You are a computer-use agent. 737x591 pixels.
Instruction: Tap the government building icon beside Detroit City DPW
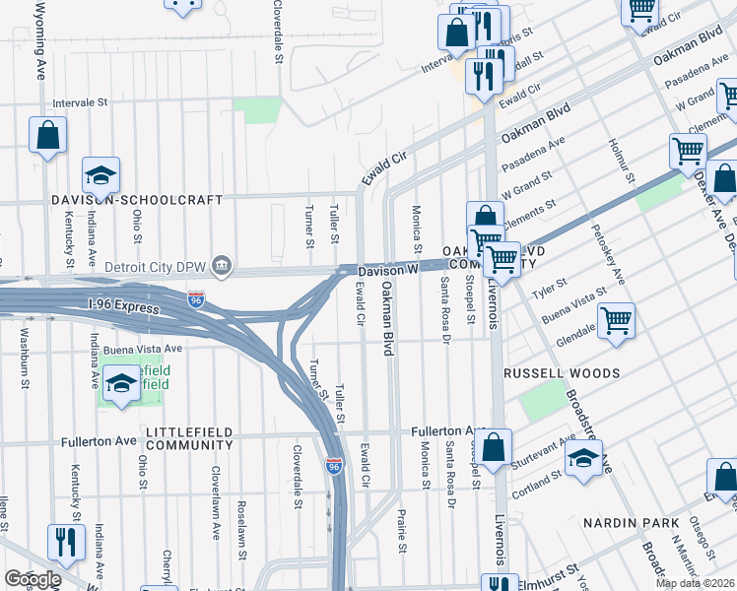(223, 266)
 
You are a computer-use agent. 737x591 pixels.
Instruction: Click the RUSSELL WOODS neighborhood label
(561, 374)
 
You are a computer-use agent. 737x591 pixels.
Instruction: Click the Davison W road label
(388, 269)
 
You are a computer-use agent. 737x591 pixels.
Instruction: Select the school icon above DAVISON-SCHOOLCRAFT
(100, 175)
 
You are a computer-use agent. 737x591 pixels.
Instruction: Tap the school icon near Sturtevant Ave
(583, 458)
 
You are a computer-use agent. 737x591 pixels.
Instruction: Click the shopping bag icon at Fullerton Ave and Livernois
(496, 447)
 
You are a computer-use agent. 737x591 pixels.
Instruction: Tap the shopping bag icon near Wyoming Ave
(47, 135)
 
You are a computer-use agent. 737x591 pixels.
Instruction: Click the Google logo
(32, 579)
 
